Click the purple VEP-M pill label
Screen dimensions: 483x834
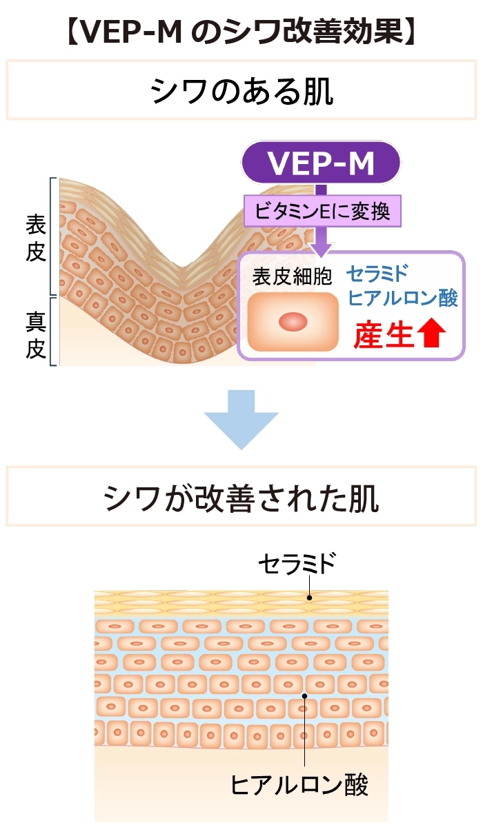coord(321,163)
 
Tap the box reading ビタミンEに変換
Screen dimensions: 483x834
coord(322,211)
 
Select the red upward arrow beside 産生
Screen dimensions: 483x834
coord(431,334)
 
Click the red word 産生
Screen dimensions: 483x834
coord(384,335)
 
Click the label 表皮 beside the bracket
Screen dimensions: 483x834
coord(36,238)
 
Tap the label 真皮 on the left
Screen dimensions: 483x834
coord(36,335)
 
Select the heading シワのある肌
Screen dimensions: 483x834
coord(241,90)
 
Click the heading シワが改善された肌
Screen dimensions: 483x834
coord(241,498)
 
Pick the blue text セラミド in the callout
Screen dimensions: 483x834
coord(377,274)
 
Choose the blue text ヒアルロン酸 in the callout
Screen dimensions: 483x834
coord(402,298)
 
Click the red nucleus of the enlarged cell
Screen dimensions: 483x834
coord(293,322)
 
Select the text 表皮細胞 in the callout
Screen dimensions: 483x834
coord(292,276)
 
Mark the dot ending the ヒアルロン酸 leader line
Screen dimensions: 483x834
coord(304,696)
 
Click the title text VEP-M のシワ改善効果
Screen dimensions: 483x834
coord(241,32)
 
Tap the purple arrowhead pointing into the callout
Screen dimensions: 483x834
coord(321,249)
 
